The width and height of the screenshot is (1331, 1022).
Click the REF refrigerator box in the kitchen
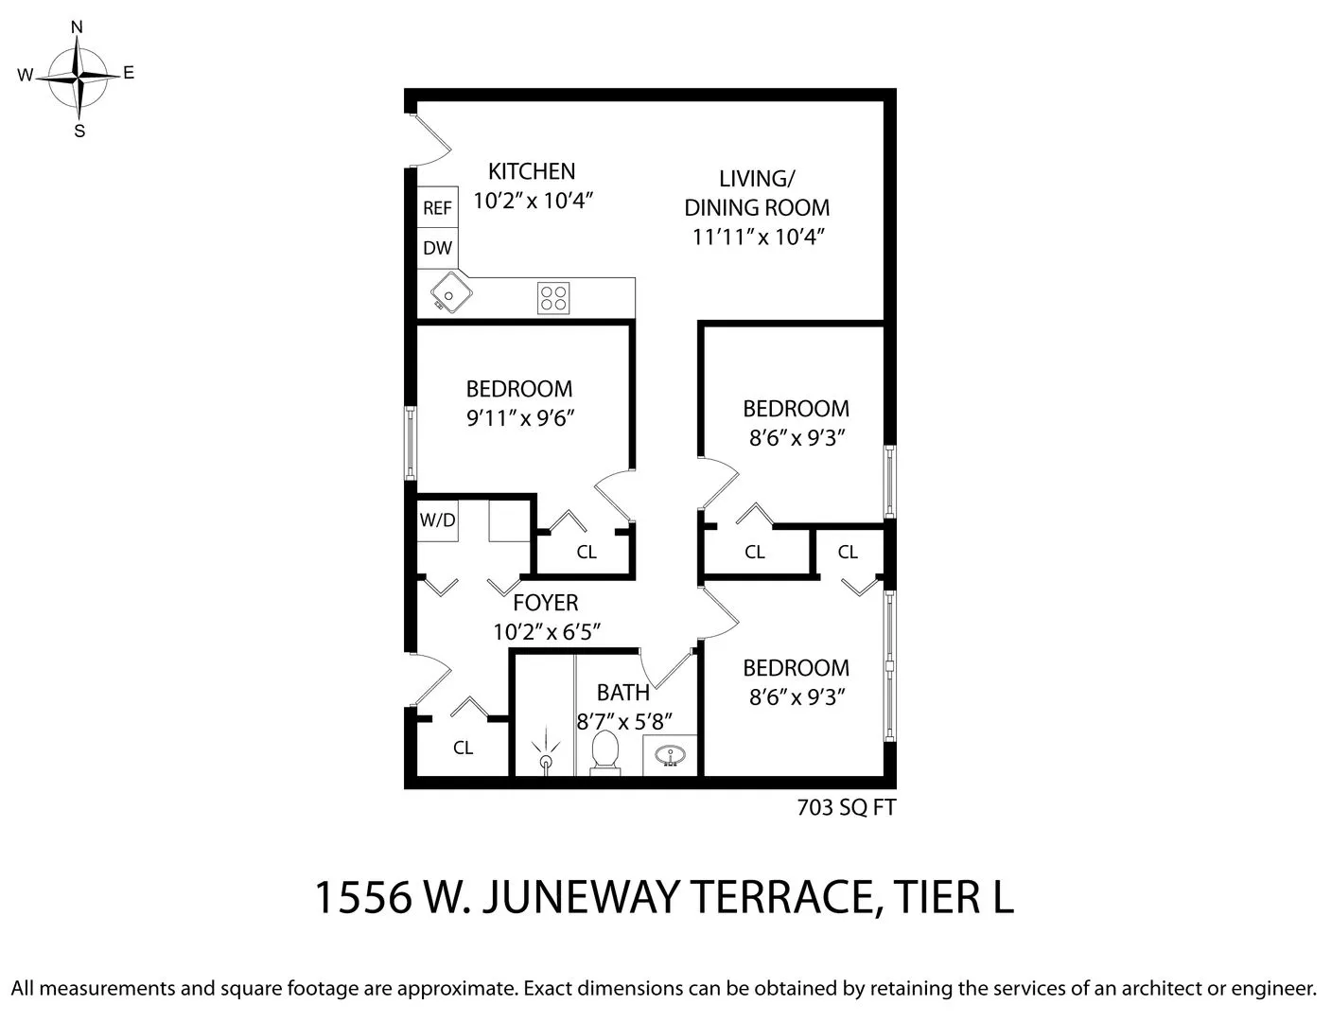pyautogui.click(x=437, y=207)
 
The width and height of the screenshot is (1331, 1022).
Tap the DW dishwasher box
pyautogui.click(x=437, y=248)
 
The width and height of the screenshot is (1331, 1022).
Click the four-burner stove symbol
pyautogui.click(x=553, y=298)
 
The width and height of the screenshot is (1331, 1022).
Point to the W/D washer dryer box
pyautogui.click(x=437, y=520)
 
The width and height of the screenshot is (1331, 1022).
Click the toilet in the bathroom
pyautogui.click(x=604, y=754)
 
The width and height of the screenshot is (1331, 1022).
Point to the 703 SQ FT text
pyautogui.click(x=846, y=807)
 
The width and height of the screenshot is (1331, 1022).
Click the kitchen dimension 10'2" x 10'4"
pyautogui.click(x=532, y=201)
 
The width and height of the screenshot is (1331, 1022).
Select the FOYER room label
pyautogui.click(x=545, y=603)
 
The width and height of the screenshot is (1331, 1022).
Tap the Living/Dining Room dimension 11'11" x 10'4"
pyautogui.click(x=759, y=237)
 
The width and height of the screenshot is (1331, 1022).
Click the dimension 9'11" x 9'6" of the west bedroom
pyautogui.click(x=520, y=418)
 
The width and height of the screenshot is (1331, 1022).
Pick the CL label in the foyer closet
pyautogui.click(x=463, y=748)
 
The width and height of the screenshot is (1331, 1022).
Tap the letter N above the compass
pyautogui.click(x=78, y=27)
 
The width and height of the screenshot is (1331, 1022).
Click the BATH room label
pyautogui.click(x=622, y=693)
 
